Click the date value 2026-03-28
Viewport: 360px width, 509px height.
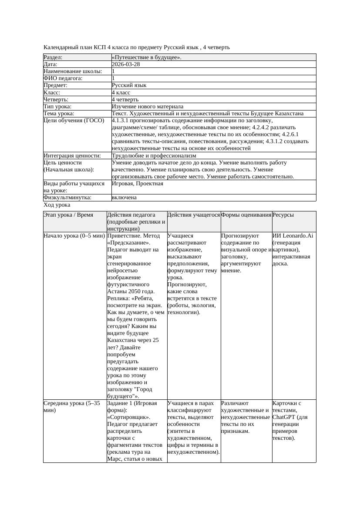[126, 64]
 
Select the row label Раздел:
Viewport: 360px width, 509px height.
[53, 57]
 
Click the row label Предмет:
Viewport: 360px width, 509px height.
[56, 85]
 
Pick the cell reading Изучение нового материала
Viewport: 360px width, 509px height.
[148, 106]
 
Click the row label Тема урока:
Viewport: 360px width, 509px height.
[59, 114]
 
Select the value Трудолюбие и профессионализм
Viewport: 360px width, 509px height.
[154, 155]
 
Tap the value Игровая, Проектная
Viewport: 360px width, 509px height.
[138, 184]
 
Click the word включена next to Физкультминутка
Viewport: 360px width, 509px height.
[124, 198]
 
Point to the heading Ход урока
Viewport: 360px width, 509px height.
[57, 205]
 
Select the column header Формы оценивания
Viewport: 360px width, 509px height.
[246, 215]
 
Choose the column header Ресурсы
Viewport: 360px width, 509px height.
[283, 215]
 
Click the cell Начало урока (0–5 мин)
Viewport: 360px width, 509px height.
[74, 236]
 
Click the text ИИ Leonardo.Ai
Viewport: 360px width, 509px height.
[293, 236]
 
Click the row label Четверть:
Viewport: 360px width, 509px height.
[56, 99]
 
